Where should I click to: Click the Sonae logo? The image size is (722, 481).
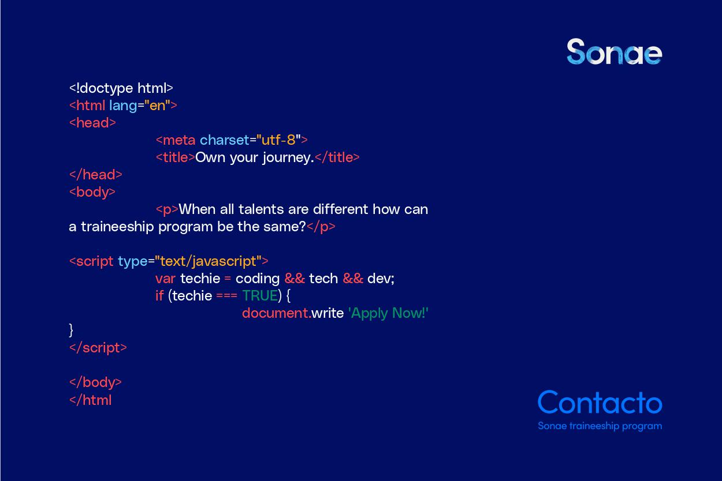click(615, 51)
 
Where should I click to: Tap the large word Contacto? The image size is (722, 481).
click(600, 402)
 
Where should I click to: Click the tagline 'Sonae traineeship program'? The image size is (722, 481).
click(600, 426)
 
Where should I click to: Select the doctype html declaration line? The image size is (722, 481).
click(121, 88)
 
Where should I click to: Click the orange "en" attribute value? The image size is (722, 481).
click(157, 106)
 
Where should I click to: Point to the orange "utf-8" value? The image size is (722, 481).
click(278, 140)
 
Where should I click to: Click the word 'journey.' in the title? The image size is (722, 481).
click(288, 158)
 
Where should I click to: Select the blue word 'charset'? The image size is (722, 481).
click(225, 140)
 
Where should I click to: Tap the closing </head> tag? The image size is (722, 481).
click(96, 175)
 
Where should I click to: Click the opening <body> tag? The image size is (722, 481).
click(92, 193)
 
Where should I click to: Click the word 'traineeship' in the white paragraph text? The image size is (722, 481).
click(117, 227)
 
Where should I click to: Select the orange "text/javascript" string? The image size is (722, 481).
click(208, 261)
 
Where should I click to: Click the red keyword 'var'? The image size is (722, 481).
click(165, 279)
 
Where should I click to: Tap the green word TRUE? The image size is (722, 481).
click(260, 296)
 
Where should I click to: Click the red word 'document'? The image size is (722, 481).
click(276, 313)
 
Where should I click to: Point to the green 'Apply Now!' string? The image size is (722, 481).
click(388, 313)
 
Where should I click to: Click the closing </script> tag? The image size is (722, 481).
click(98, 348)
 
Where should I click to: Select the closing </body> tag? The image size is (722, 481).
click(95, 382)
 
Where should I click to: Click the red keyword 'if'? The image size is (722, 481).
click(159, 296)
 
